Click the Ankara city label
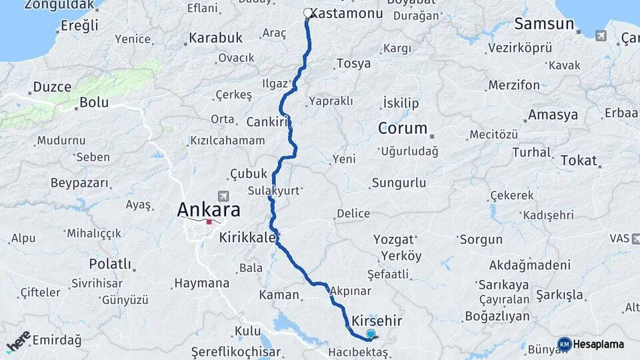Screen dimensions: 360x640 coord(208,210)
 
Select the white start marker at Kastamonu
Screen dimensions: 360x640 coord(308,13)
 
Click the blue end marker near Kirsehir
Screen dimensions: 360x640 coord(371,335)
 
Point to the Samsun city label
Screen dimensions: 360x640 coord(544,25)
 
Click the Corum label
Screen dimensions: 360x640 coord(402,128)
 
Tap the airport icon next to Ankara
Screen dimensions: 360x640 coord(223,196)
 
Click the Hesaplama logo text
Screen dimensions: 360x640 coord(599,345)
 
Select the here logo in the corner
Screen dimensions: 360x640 coord(18,341)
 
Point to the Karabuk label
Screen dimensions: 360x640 coord(215,38)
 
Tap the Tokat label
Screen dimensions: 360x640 coord(578,161)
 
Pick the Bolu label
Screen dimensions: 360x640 coord(93,103)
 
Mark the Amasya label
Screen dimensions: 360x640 coord(553,115)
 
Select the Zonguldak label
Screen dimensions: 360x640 coord(59,5)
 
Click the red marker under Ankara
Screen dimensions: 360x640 coord(209,222)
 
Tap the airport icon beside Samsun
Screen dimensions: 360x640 coord(601,35)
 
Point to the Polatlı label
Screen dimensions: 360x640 coord(110,264)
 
